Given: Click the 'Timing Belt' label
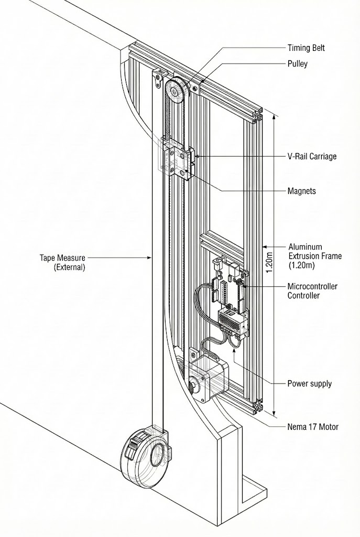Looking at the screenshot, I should coord(306,48).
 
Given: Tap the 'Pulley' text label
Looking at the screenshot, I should coord(297,64).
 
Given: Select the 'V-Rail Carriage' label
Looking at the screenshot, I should coord(312,156).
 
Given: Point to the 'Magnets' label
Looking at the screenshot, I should coord(302,191).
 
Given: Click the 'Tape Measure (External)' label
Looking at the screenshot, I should coord(62,262).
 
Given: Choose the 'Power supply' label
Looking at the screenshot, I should coord(309,383).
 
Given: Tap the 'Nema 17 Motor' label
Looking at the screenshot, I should coord(313,427).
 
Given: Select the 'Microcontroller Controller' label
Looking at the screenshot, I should coord(312,291).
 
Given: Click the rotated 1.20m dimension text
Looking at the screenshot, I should coord(269,262).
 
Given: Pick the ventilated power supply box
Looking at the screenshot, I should coord(233,320).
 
